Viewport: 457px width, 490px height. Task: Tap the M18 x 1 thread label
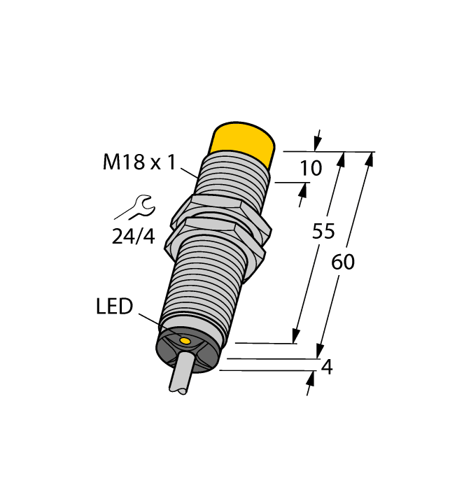pyautogui.click(x=139, y=163)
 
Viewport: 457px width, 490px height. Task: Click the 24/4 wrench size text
pyautogui.click(x=133, y=237)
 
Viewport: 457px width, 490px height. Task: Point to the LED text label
pyautogui.click(x=114, y=307)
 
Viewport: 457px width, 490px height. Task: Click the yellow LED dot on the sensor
pyautogui.click(x=185, y=341)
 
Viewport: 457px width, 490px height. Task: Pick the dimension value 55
pyautogui.click(x=323, y=232)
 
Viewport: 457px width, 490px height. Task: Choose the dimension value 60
pyautogui.click(x=343, y=262)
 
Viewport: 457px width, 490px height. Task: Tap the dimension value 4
pyautogui.click(x=326, y=367)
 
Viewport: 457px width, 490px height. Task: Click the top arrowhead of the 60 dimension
pyautogui.click(x=369, y=159)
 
